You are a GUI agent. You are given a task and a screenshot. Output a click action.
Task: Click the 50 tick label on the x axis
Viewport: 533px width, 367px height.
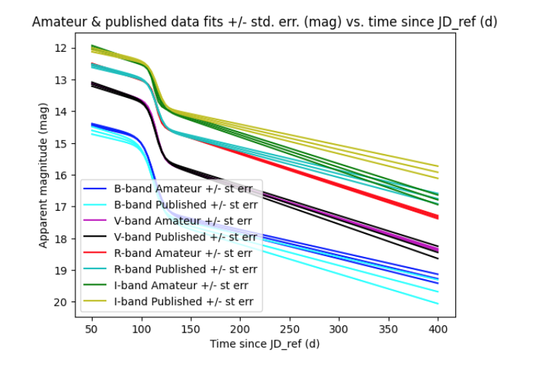pyautogui.click(x=92, y=330)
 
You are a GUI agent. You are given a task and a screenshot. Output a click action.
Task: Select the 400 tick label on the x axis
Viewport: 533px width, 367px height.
pyautogui.click(x=438, y=330)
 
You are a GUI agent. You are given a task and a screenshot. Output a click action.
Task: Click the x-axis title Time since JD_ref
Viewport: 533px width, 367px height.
pyautogui.click(x=265, y=344)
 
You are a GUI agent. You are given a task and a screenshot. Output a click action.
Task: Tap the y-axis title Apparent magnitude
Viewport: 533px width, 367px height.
pyautogui.click(x=43, y=175)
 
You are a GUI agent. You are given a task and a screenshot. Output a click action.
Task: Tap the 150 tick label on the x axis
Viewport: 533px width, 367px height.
pyautogui.click(x=191, y=330)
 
